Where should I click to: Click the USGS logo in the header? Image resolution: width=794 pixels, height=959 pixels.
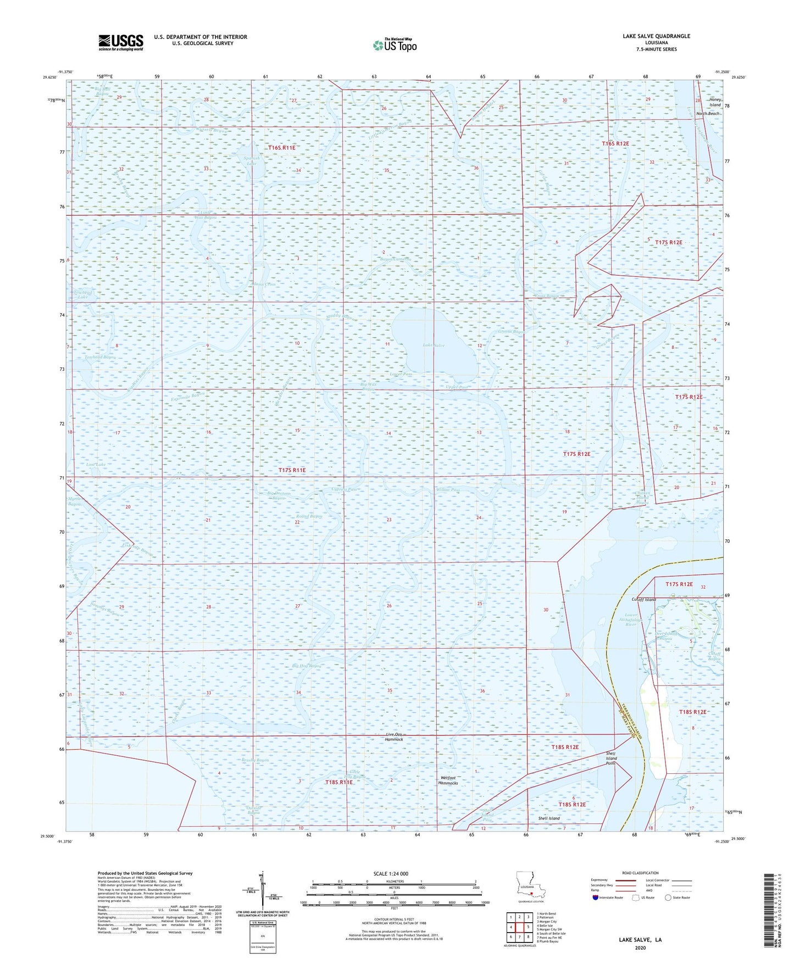point(120,42)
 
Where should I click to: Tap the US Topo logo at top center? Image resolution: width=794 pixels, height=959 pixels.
point(395,45)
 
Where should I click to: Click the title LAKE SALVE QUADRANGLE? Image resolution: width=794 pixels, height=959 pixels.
point(656,36)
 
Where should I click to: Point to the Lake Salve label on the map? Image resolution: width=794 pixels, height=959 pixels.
point(434,345)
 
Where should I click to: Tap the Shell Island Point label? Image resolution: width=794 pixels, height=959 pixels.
point(611,759)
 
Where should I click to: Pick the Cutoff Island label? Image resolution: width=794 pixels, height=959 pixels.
point(643,600)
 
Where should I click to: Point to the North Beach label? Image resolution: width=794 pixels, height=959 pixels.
point(708,114)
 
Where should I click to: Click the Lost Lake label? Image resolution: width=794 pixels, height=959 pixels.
point(96,465)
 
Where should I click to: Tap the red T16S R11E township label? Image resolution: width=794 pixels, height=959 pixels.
point(282,148)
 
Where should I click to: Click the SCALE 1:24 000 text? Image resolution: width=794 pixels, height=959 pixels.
point(391,873)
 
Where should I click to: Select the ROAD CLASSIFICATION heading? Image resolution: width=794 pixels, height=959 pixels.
point(640,873)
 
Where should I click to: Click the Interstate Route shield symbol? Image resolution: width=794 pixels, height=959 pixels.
point(596,897)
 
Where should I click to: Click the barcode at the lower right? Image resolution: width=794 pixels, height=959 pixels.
point(769,911)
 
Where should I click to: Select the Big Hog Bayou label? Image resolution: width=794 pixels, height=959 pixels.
point(307,666)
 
